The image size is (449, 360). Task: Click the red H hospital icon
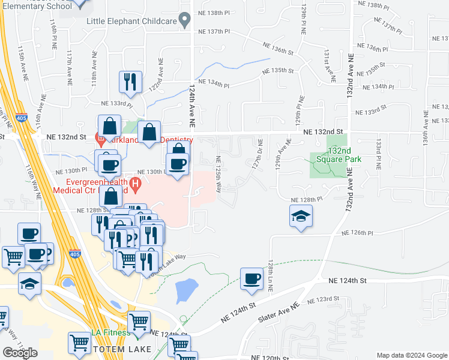(136, 184)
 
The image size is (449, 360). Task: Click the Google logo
(20, 353)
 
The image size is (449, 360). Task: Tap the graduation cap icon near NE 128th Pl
(301, 217)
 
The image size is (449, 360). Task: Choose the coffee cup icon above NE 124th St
(252, 278)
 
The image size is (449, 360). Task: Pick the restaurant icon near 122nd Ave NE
(131, 82)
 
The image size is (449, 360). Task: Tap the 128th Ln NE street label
(271, 275)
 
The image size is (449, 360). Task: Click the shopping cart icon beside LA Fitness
(139, 322)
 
